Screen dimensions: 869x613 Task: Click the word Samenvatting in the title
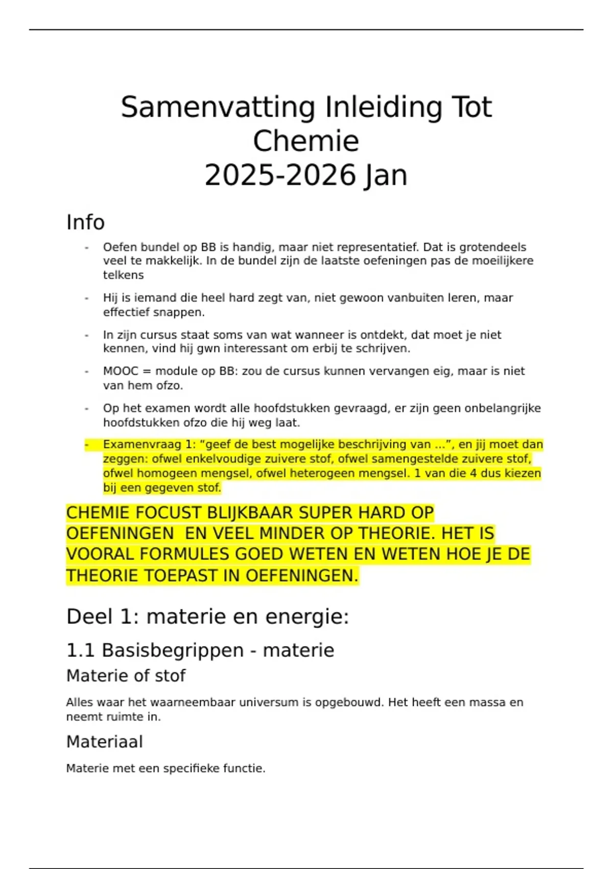(218, 108)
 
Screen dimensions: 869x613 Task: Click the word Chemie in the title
(306, 142)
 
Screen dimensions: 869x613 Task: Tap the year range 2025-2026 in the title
(280, 176)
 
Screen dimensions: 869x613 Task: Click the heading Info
(85, 222)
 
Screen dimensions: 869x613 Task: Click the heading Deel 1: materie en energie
(207, 616)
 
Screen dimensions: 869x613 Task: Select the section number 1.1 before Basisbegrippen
(80, 651)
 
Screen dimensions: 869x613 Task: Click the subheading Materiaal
(104, 742)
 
